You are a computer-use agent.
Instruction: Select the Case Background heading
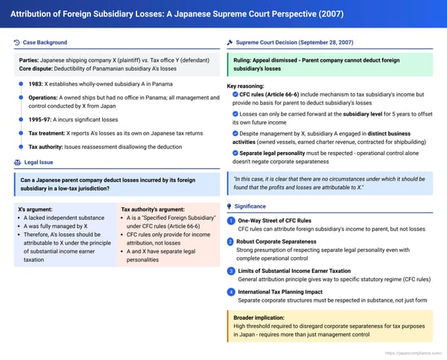click(x=45, y=42)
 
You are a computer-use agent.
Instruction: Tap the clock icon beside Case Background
click(x=17, y=42)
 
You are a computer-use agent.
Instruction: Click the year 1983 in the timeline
click(x=35, y=85)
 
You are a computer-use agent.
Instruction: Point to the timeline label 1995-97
click(x=39, y=119)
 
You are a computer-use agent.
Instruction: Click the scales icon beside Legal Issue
click(x=17, y=162)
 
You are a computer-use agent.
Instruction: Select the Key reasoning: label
click(x=249, y=86)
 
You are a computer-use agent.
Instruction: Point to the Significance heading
click(x=252, y=205)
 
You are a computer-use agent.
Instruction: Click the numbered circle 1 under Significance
click(x=231, y=221)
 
